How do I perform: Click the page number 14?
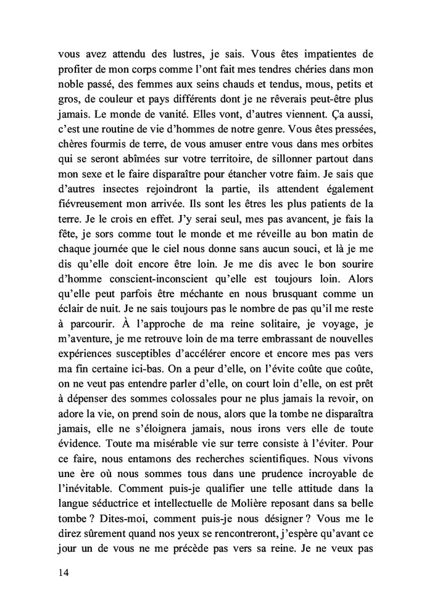pyautogui.click(x=60, y=572)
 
